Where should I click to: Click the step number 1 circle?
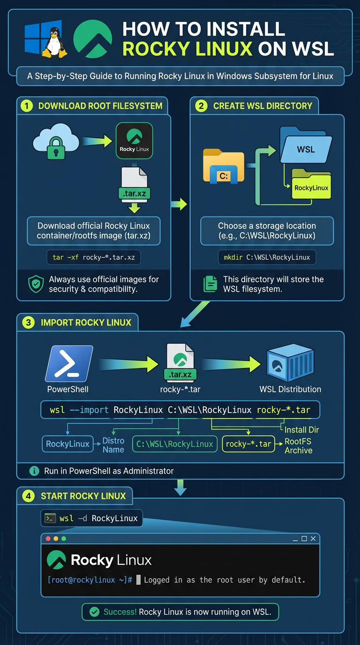click(27, 106)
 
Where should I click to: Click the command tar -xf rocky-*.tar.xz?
click(93, 257)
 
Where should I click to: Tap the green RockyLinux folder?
click(311, 185)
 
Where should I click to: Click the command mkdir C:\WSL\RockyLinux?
click(267, 257)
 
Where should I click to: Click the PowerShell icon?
click(69, 364)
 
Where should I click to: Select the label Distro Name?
click(113, 445)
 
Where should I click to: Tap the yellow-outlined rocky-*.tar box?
click(248, 444)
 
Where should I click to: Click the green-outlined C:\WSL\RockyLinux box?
click(174, 444)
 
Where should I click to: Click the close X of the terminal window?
click(313, 539)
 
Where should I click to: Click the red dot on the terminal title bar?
click(47, 539)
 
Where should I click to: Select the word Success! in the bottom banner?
click(120, 612)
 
